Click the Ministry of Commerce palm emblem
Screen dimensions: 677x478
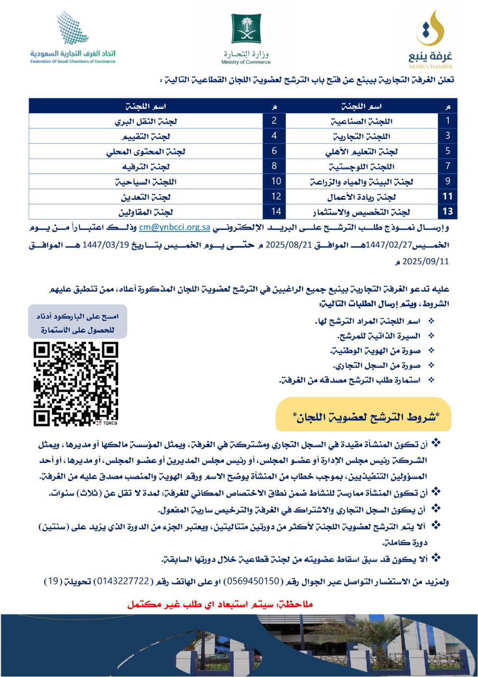tap(246, 29)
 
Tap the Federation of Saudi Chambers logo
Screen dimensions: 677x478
tap(73, 37)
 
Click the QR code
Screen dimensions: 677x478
tap(76, 383)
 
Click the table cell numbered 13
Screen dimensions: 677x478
tap(447, 212)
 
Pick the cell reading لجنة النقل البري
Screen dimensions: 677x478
tap(146, 121)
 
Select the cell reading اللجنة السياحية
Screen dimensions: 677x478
tap(146, 181)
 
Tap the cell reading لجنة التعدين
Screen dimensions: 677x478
tap(146, 197)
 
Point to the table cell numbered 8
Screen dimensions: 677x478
tap(274, 166)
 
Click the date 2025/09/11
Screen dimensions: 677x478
tap(426, 261)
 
